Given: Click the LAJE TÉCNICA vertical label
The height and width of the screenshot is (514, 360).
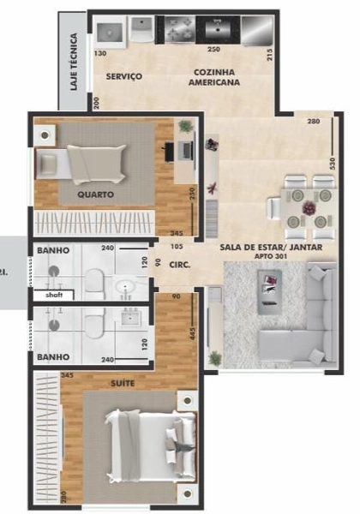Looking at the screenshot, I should [x=75, y=63].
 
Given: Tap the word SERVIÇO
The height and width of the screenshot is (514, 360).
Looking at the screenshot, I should [x=123, y=77].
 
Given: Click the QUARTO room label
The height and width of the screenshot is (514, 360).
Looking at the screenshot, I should [x=95, y=194].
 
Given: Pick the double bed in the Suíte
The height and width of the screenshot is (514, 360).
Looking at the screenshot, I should [x=150, y=439].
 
